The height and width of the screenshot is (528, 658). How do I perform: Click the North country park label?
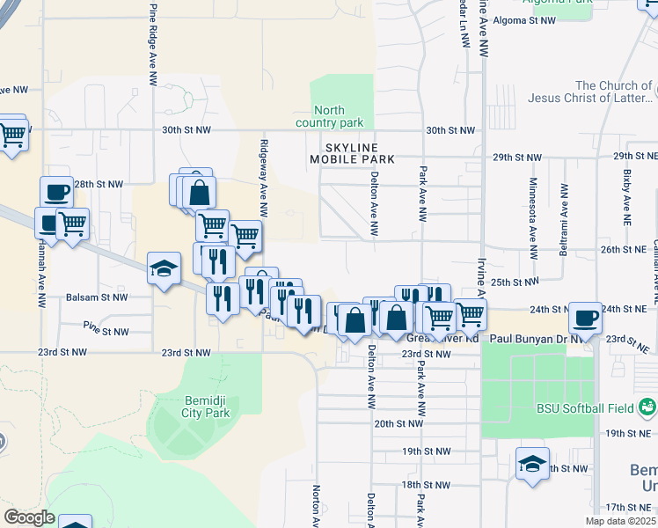pyautogui.click(x=340, y=116)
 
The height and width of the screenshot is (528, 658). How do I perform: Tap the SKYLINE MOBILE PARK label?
pyautogui.click(x=351, y=153)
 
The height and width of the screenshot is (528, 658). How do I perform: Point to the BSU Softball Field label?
pyautogui.click(x=584, y=407)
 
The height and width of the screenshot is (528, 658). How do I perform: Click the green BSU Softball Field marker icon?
pyautogui.click(x=647, y=407)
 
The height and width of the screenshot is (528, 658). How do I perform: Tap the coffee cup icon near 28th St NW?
pyautogui.click(x=56, y=191)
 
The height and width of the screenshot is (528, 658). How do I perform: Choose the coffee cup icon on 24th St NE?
pyautogui.click(x=585, y=317)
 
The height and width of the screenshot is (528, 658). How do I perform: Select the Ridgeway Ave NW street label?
pyautogui.click(x=263, y=176)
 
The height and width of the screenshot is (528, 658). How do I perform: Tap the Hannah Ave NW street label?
pyautogui.click(x=40, y=273)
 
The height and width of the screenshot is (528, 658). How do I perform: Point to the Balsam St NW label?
pyautogui.click(x=91, y=297)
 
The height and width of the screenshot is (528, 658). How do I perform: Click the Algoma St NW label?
pyautogui.click(x=524, y=19)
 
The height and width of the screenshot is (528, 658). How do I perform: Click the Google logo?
pyautogui.click(x=28, y=517)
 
